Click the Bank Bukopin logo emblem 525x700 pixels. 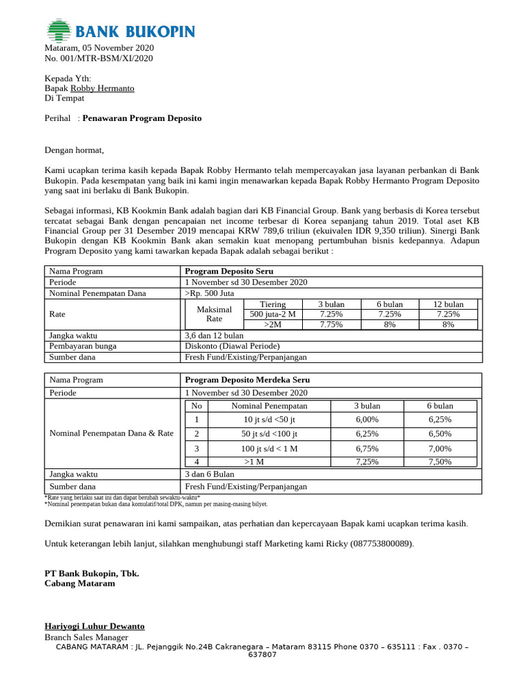coord(59,31)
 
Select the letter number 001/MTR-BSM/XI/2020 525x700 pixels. coord(98,58)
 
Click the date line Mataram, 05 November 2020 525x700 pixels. coord(99,48)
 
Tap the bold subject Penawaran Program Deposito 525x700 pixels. coord(142,118)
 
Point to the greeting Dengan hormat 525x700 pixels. coord(75,150)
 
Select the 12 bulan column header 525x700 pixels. coord(448,304)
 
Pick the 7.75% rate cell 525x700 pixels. coord(331,325)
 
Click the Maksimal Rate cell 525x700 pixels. coord(214,314)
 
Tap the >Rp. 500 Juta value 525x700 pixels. coord(211,293)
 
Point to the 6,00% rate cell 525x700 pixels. coord(367,419)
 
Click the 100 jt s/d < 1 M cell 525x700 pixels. coord(269,448)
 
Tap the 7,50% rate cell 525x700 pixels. coord(440,462)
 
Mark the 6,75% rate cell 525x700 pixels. coord(367,448)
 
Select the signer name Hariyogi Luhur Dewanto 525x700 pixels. coord(94,626)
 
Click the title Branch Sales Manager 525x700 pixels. coord(86,637)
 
